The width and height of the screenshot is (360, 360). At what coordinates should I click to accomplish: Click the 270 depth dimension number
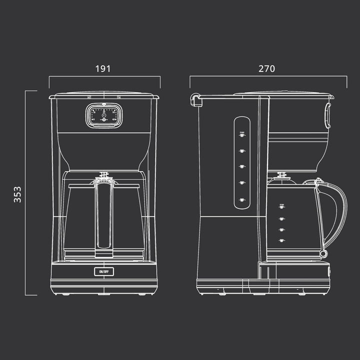pos(266,69)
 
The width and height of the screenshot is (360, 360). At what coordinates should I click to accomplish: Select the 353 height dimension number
pos(17,193)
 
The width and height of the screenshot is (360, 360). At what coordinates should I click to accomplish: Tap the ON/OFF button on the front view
pos(103,271)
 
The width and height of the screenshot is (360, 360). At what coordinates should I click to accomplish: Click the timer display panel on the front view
pos(103,115)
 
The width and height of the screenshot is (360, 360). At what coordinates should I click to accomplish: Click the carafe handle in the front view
pos(103,215)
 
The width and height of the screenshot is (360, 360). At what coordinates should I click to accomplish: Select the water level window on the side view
pos(241,162)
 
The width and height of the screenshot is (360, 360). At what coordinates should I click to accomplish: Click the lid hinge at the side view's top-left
pos(195,100)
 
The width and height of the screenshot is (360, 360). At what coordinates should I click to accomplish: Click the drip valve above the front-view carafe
pos(103,175)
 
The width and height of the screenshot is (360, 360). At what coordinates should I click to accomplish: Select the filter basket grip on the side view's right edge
pos(328,115)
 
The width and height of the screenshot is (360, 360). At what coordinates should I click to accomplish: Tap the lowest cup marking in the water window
pos(241,200)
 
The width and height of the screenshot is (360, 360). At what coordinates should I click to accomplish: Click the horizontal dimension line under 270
pos(268,76)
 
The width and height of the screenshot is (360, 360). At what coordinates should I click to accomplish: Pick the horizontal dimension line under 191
pos(104,76)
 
